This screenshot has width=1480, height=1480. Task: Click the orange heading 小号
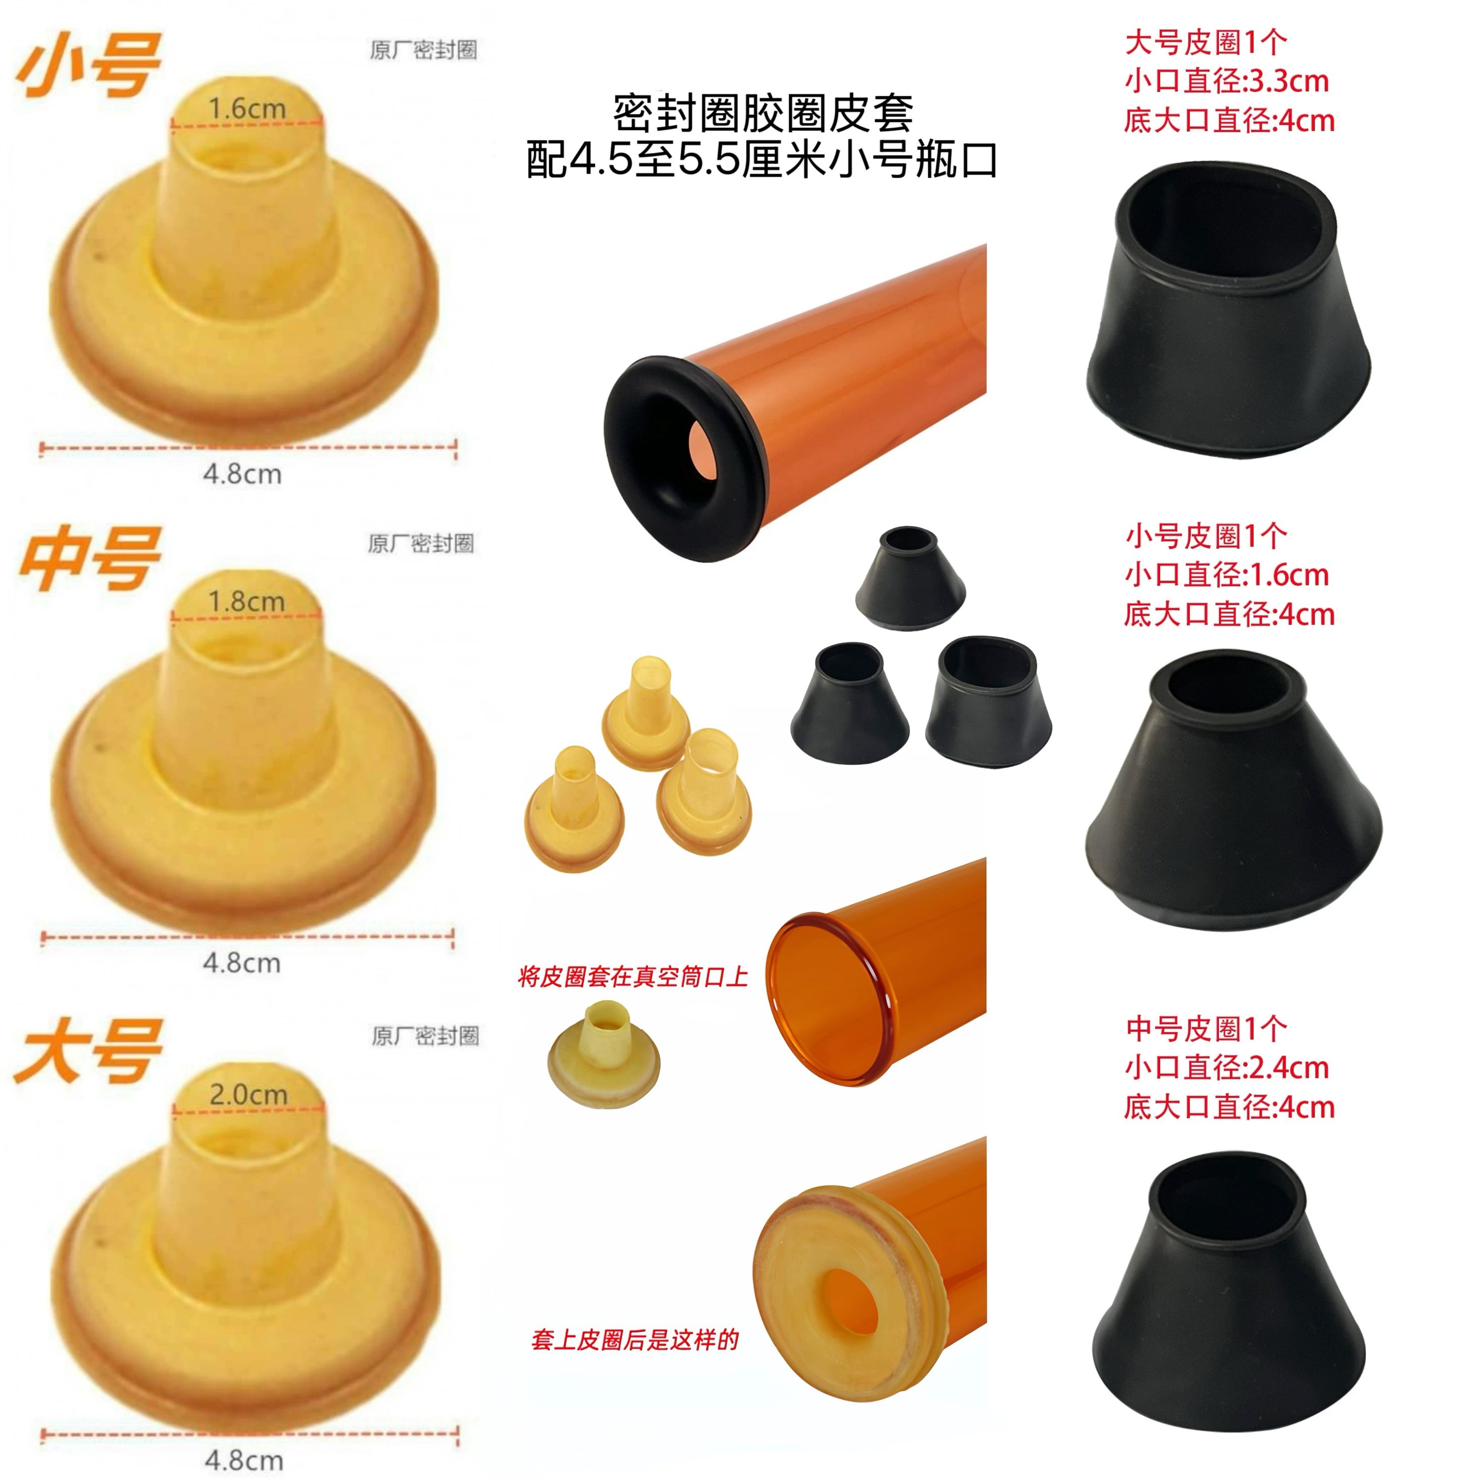[88, 66]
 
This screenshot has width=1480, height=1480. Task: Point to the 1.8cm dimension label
[246, 601]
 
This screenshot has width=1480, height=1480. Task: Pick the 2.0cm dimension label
[248, 1094]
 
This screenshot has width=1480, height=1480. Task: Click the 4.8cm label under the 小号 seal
[242, 474]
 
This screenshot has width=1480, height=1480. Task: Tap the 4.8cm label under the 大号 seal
[243, 1459]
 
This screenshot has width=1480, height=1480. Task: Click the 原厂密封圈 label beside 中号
[421, 544]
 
